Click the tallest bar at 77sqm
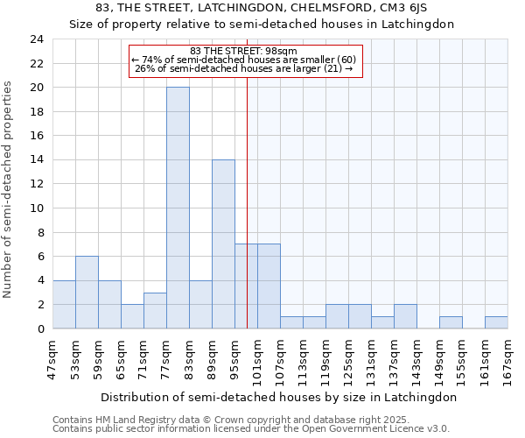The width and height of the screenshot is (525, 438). point(178,208)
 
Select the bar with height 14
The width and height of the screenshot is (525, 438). point(223,244)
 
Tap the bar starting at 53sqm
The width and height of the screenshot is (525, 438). point(87,293)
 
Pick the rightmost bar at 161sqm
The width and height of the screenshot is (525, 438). point(496,322)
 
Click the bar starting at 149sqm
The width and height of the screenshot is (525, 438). point(451,322)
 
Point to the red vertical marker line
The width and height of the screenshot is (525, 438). point(247,201)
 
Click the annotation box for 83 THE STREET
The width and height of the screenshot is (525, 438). point(245,61)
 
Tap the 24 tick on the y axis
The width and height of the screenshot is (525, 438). point(36,39)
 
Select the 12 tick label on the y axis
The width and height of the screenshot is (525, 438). point(36,184)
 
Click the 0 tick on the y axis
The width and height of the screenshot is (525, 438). point(40,328)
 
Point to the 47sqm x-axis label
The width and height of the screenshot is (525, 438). point(52,357)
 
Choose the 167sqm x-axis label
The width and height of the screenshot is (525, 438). point(507,357)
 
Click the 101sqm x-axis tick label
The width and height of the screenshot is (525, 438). point(257,357)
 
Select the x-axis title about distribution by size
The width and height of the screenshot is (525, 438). point(278,397)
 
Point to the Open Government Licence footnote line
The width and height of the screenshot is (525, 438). point(251,429)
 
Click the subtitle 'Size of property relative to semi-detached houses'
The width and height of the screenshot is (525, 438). point(262,25)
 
